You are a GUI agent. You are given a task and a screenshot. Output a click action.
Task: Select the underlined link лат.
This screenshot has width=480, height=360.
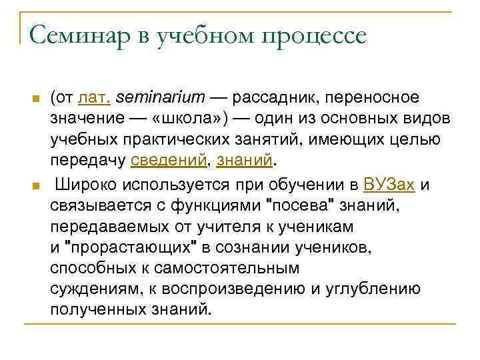(x=94, y=98)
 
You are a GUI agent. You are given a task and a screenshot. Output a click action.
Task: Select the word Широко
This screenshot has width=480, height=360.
(x=83, y=185)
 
